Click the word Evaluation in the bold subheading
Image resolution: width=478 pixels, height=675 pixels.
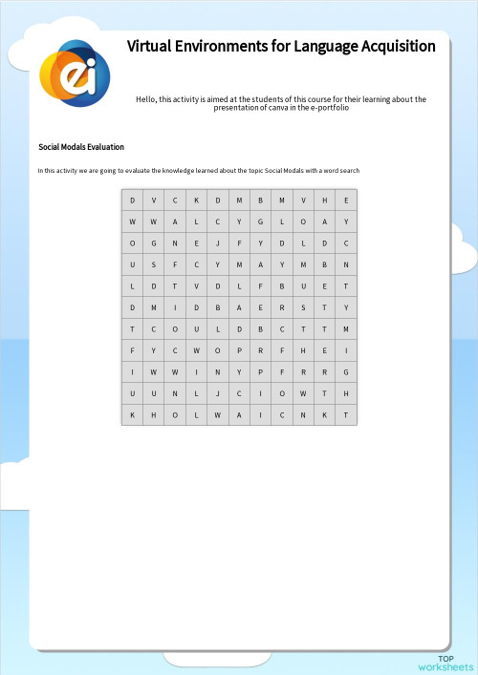[x=106, y=147]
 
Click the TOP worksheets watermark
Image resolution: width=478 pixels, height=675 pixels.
[x=445, y=663]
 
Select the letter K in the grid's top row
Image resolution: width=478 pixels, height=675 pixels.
[x=196, y=200]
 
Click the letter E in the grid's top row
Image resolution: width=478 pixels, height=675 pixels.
[x=346, y=200]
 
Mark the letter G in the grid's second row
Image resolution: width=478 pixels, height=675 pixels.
[x=260, y=221]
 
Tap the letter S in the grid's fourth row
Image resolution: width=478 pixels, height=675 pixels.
[x=154, y=264]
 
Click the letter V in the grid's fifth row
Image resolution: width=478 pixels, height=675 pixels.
[x=196, y=286]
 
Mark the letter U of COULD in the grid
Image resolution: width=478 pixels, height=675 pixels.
[x=196, y=329]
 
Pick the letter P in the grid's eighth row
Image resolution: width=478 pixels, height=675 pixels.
[x=239, y=350]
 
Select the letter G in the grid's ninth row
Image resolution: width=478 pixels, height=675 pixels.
[x=346, y=372]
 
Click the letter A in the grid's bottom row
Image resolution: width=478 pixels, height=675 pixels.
[x=239, y=415]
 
